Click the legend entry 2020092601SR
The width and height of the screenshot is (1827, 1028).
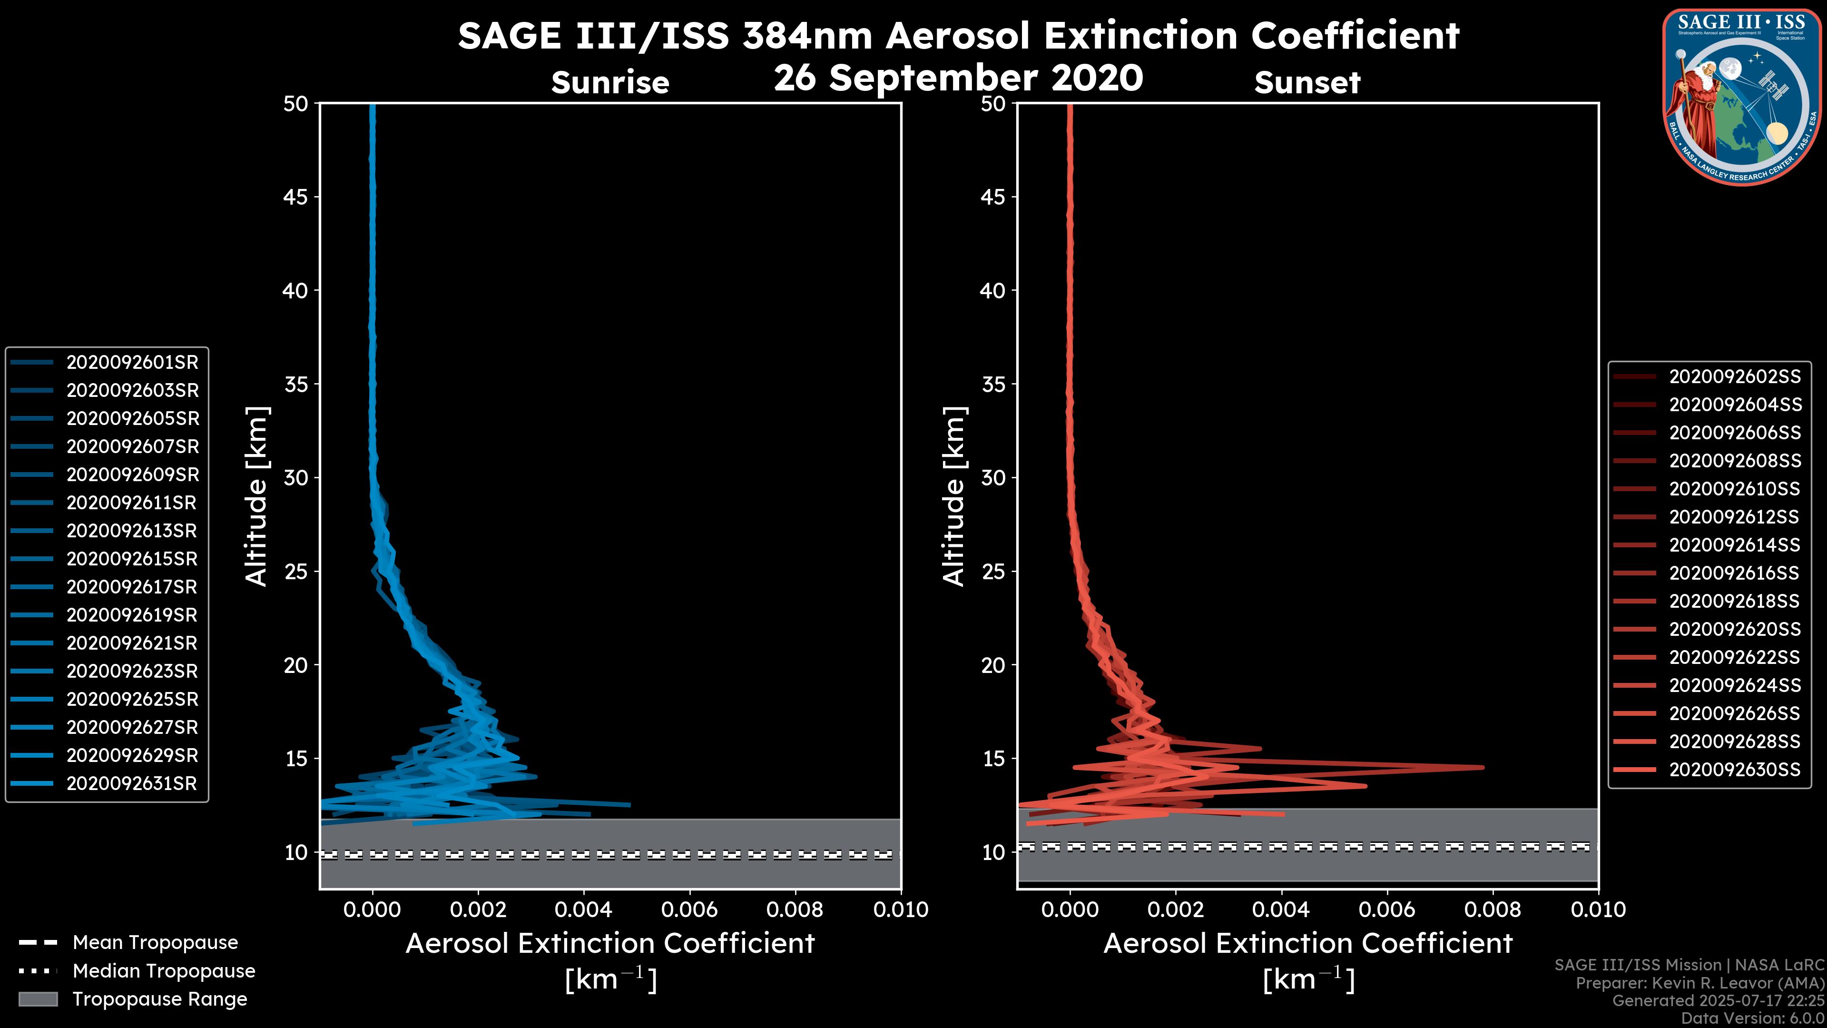pos(132,363)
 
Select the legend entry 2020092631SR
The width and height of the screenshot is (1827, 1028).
pos(132,784)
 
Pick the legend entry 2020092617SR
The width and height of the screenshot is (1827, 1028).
pos(132,587)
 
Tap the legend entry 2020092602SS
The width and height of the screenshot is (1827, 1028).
pos(1735,377)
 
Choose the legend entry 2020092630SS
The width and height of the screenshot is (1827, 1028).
pos(1735,770)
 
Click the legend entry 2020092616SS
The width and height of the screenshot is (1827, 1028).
pos(1735,573)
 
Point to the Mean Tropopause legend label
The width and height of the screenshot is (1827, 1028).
pos(155,943)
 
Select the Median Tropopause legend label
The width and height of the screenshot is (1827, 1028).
pos(164,971)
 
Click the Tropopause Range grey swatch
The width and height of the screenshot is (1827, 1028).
pos(38,999)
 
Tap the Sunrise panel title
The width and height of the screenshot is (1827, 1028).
pos(610,83)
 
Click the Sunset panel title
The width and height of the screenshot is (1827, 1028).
pos(1307,83)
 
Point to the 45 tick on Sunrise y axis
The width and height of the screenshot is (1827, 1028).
pos(296,197)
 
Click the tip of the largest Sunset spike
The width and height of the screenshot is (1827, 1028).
pos(1483,767)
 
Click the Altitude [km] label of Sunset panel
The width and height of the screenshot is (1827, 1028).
pos(954,496)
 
